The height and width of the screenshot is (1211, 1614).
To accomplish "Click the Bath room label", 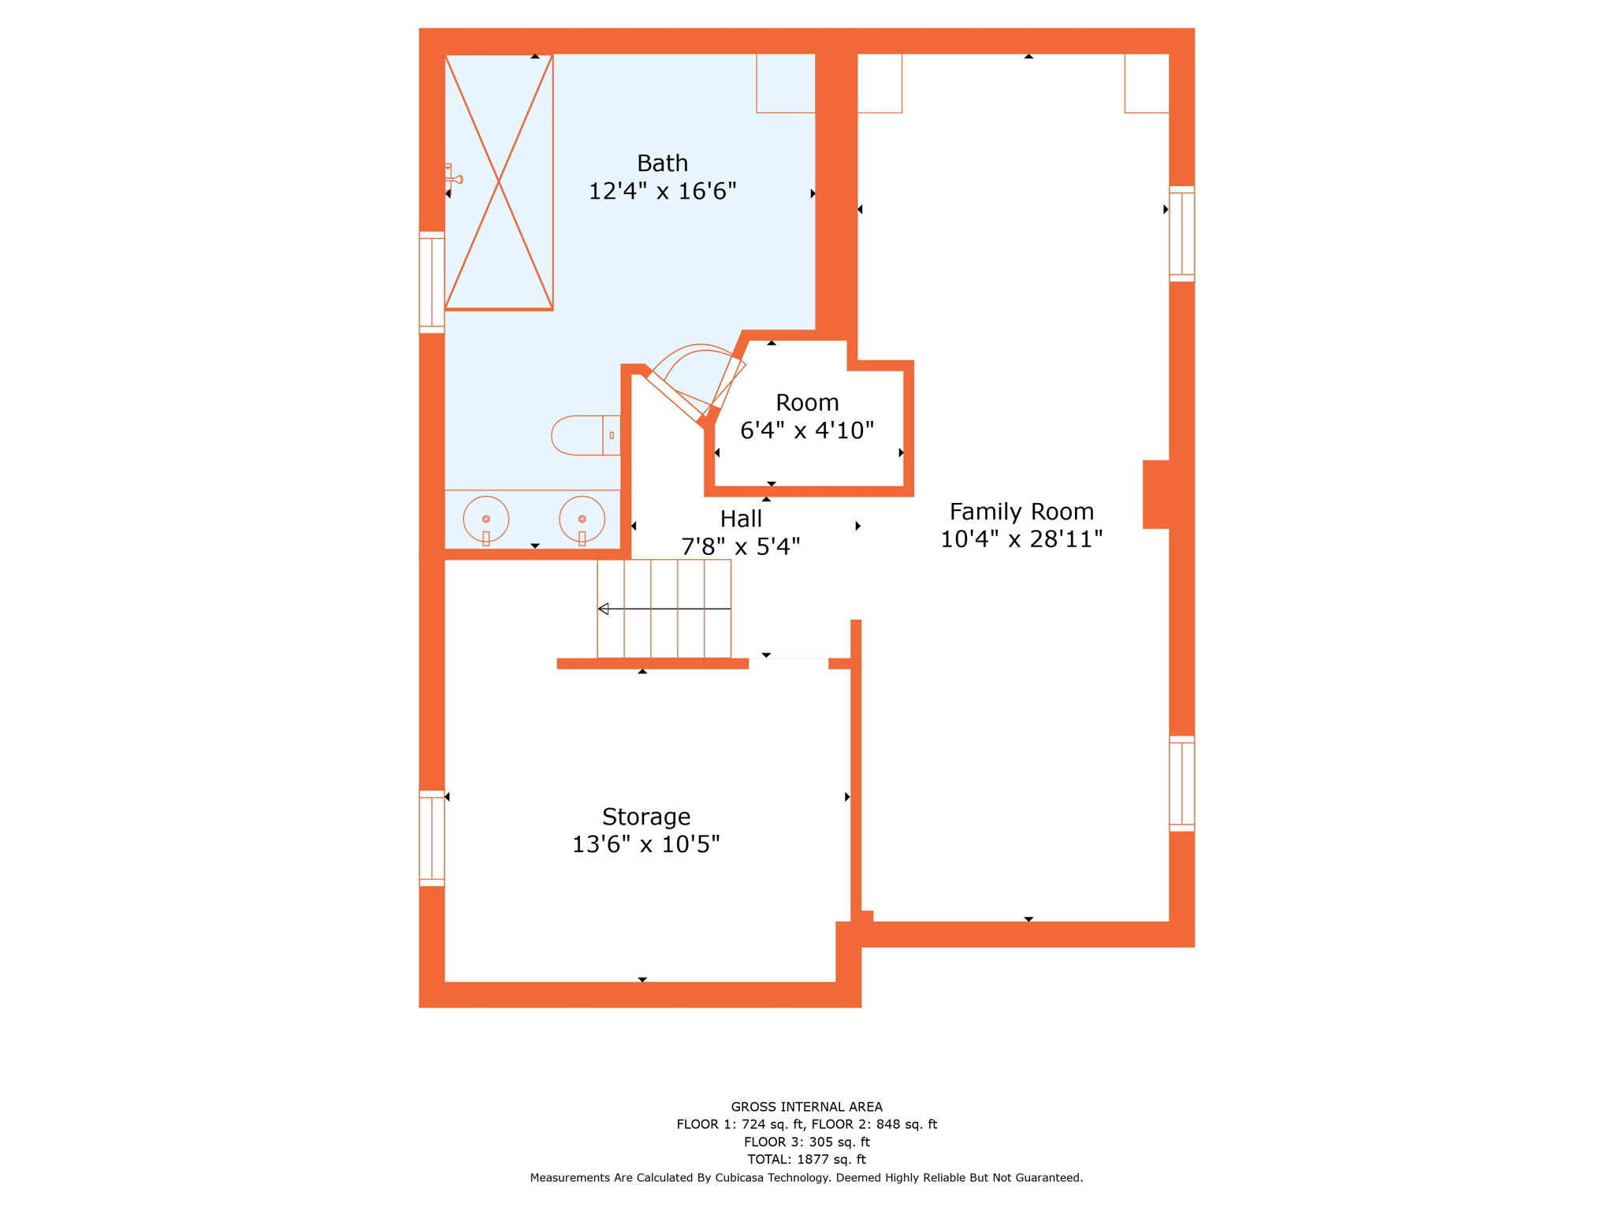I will [662, 163].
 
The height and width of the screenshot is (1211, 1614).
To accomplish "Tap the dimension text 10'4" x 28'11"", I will [1021, 539].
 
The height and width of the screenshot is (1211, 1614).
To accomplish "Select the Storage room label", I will [646, 816].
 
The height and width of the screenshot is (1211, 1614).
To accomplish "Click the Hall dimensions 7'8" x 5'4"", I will [740, 546].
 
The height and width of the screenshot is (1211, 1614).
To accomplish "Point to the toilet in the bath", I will [585, 435].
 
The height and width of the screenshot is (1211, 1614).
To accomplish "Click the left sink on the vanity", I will [485, 519].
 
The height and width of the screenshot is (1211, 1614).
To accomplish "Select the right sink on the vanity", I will [582, 519].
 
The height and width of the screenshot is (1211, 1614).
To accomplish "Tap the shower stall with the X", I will [499, 182].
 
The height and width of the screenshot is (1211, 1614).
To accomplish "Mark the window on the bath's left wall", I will [432, 282].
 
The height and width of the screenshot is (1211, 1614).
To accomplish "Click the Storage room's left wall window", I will [432, 838].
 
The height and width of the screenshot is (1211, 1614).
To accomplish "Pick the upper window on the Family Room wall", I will [1181, 233].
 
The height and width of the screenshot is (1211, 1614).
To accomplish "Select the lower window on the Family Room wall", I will [1181, 783].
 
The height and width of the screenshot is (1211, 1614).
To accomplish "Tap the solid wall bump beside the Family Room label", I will [1156, 494].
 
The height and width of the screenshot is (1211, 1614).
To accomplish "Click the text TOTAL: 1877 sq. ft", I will [806, 1159].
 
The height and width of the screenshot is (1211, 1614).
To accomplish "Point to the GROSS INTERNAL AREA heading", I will [806, 1106].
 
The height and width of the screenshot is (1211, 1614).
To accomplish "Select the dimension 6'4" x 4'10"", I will [807, 430].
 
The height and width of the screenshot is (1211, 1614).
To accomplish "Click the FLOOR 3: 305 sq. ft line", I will [806, 1142].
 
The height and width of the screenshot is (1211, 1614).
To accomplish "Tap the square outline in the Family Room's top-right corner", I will [1146, 84].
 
